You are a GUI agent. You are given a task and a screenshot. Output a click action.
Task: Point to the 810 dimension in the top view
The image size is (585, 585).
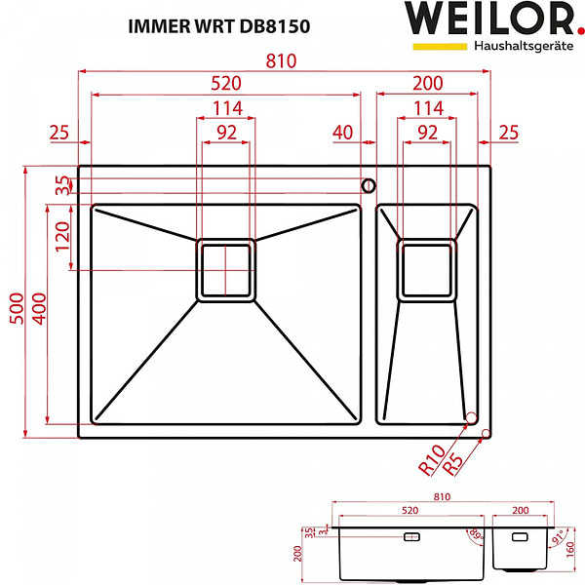283,60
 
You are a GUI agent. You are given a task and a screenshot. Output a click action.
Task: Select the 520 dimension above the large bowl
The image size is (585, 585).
226,84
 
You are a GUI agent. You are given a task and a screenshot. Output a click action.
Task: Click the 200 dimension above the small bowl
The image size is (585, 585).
426,84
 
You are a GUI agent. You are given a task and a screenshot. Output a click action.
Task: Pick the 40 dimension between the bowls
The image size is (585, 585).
343,132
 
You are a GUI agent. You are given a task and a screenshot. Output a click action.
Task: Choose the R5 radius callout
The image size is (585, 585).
454,460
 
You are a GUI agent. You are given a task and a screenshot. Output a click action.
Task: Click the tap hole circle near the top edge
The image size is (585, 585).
369,184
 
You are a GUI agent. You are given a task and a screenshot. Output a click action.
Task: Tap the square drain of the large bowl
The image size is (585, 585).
226,270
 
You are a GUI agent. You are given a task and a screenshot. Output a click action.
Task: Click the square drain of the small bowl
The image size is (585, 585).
427,268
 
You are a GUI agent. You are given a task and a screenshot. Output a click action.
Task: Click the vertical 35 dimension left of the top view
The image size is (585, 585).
63,185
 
